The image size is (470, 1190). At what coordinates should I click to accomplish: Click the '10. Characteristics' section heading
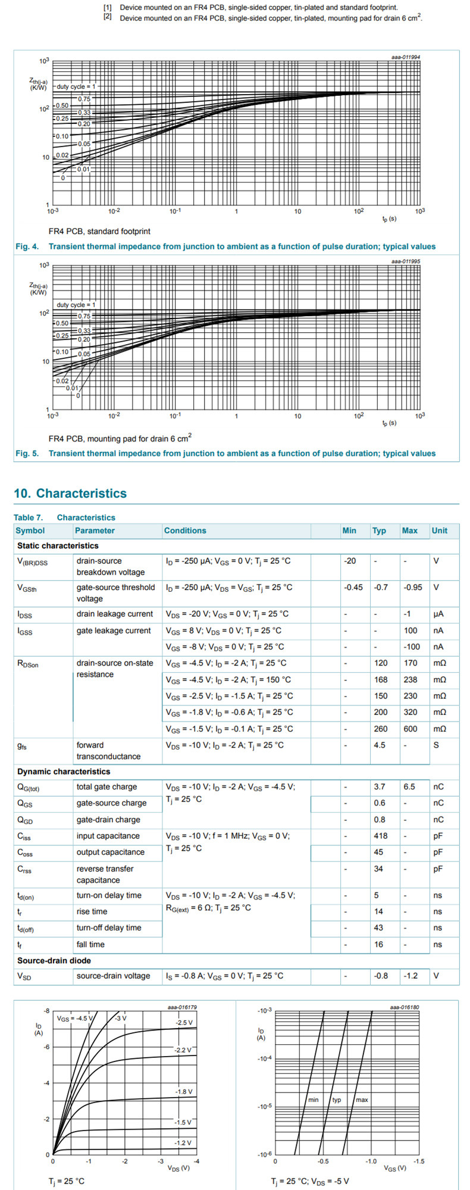coord(70,494)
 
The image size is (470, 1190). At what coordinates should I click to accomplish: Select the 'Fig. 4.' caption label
coord(27,246)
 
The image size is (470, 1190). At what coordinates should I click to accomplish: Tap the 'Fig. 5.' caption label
coord(27,454)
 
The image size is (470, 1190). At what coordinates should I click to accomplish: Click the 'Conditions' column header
coord(185,530)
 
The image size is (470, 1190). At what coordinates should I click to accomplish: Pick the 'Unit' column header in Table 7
coord(440,530)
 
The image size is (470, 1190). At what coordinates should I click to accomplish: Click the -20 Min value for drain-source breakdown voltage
coord(350,561)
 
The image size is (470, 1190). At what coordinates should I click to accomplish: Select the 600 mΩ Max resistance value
coord(409,729)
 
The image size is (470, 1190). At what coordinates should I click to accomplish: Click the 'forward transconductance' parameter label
coord(108,751)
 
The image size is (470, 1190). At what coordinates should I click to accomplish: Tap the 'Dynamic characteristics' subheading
coord(64,772)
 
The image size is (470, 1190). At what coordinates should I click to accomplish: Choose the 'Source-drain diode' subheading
coord(54,961)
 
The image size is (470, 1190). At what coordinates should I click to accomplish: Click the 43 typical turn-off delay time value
coord(378,927)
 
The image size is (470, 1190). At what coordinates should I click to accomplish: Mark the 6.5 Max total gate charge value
coord(409,786)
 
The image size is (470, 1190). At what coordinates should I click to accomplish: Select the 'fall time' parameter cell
coord(90,944)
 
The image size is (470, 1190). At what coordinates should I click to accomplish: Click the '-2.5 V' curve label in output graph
coord(184,1023)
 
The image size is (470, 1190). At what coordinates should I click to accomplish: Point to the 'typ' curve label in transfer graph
coord(337,1100)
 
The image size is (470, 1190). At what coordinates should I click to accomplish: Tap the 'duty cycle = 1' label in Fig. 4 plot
coord(76,87)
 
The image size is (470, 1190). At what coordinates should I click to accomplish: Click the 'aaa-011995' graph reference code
coord(406,261)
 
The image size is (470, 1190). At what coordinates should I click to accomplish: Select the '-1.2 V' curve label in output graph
coord(183,1143)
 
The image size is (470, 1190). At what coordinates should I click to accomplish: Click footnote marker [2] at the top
coord(108,17)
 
